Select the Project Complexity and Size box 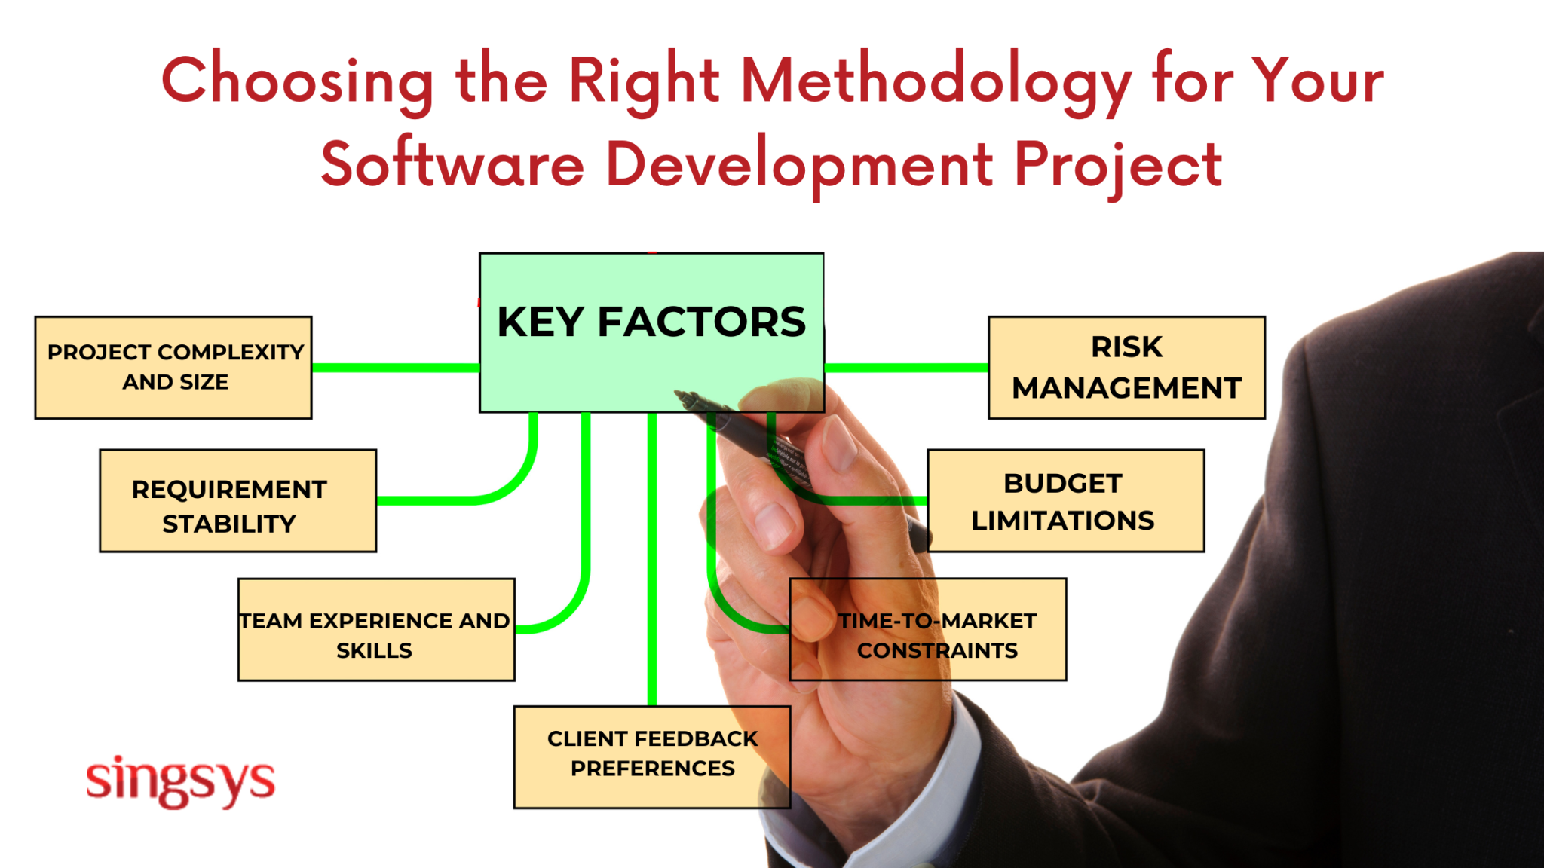(173, 368)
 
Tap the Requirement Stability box (237, 501)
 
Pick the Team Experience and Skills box (376, 630)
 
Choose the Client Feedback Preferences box (651, 756)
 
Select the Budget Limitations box (1065, 501)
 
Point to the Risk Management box (1126, 368)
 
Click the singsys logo (181, 781)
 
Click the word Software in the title (452, 164)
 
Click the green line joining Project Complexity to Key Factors (395, 368)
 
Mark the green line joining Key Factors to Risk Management (905, 368)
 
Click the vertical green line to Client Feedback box (652, 558)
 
